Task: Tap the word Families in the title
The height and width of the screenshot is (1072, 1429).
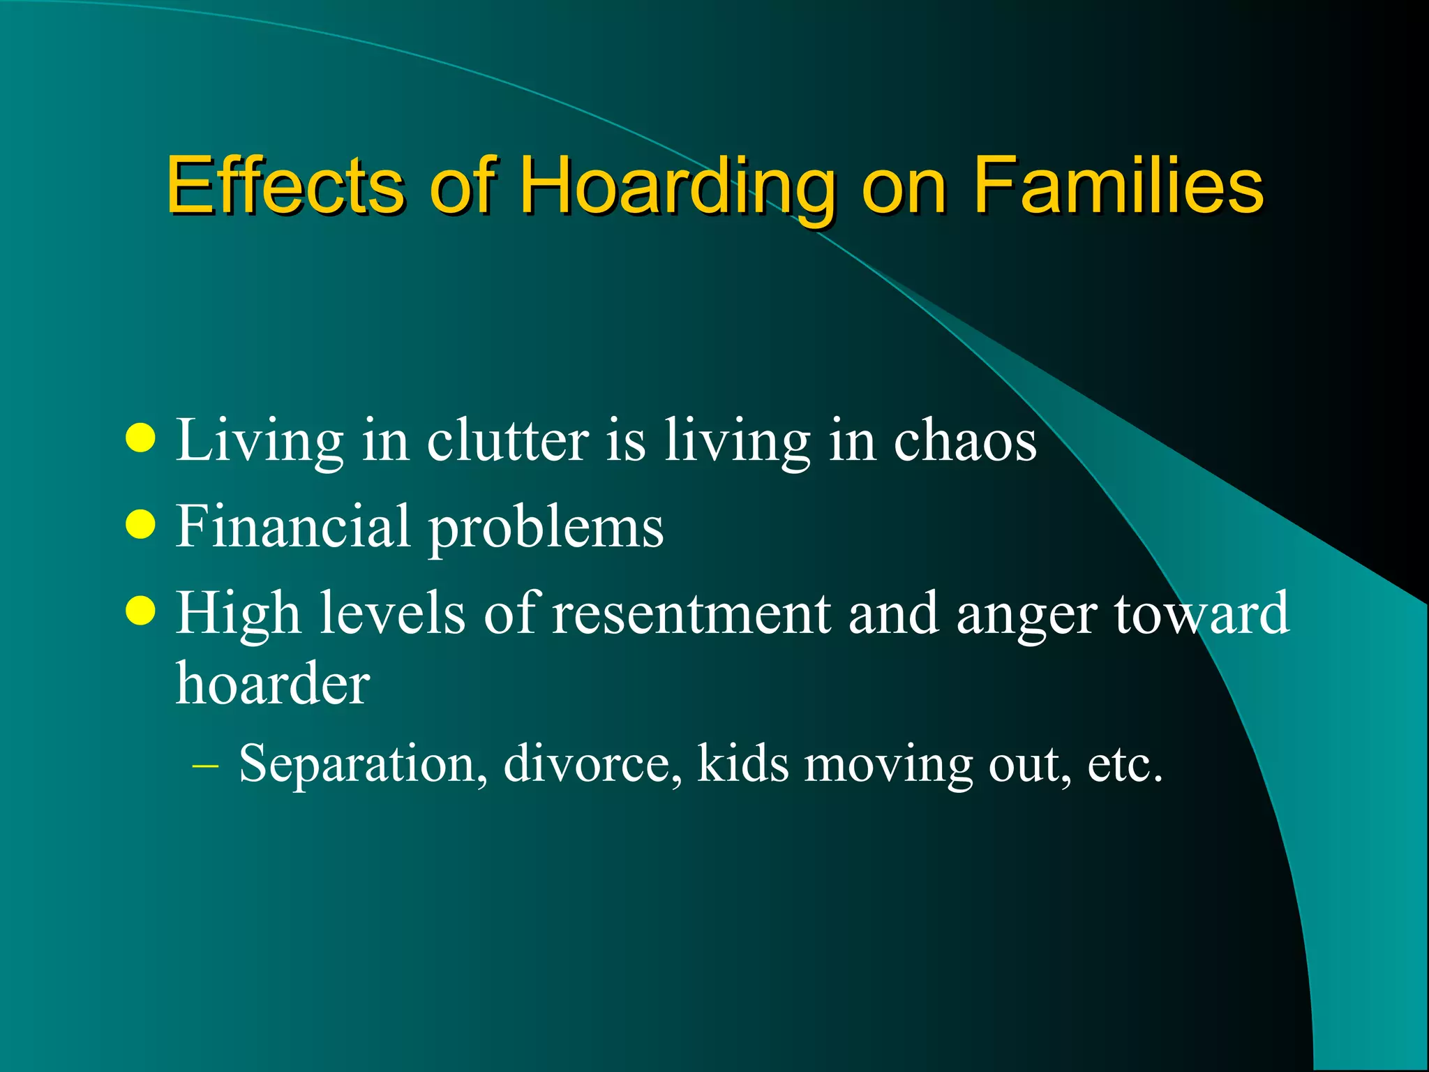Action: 1118,185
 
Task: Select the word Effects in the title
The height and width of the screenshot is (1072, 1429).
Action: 285,185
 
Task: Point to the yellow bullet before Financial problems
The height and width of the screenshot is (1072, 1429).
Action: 141,525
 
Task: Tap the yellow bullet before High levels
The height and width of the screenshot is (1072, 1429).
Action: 141,611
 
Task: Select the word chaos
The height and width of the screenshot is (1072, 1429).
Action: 966,441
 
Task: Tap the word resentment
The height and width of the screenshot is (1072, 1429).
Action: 691,613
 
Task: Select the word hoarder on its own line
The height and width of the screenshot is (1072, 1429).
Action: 272,683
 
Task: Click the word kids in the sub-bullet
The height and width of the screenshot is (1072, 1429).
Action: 742,763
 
